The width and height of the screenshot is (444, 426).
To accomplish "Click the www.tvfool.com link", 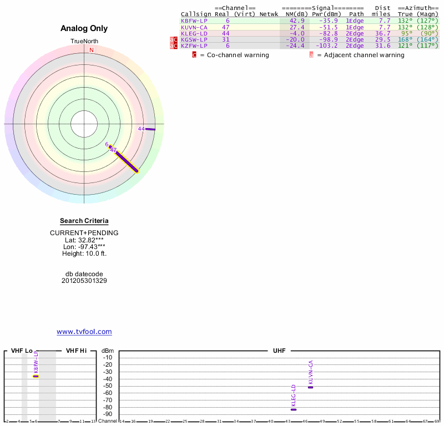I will [84, 332].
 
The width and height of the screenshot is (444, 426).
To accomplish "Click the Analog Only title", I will [84, 28].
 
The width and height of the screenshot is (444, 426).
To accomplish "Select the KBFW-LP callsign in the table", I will [194, 21].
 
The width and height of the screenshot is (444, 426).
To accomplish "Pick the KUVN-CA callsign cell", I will [194, 27].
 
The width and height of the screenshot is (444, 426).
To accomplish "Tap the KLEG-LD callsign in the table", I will [194, 33].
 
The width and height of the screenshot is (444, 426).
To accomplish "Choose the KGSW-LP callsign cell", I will [194, 39].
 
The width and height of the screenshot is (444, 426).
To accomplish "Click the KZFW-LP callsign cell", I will [194, 46].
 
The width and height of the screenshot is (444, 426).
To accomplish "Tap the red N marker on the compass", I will [92, 50].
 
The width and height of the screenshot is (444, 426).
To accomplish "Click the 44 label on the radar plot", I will [141, 129].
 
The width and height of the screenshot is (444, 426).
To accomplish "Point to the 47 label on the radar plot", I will [113, 150].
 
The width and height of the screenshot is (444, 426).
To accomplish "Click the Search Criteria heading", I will [84, 221].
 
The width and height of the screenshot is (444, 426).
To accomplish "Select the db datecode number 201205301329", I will [84, 281].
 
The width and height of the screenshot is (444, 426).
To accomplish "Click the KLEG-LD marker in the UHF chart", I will [294, 409].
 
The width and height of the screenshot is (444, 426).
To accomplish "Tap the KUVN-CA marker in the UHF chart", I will [311, 387].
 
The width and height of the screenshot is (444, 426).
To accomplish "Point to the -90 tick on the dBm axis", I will [108, 414].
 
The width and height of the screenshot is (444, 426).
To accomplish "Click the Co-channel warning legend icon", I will [194, 55].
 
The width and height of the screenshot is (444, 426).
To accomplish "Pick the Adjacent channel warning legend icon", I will [311, 55].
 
